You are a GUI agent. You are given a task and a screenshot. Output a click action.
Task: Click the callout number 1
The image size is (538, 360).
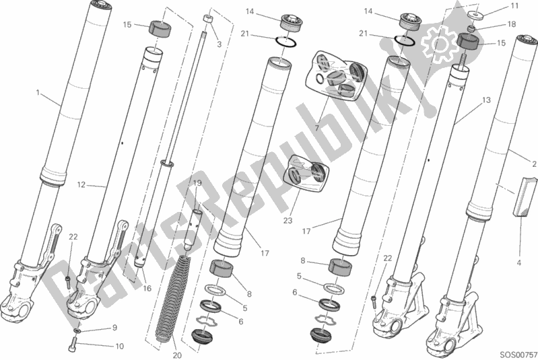[x=38, y=93]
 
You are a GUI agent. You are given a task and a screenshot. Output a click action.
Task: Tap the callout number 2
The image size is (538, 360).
[x=534, y=164]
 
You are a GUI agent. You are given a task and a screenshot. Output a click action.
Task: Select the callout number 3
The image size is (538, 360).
[x=220, y=44]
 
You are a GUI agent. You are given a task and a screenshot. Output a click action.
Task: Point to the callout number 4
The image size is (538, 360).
[x=518, y=263]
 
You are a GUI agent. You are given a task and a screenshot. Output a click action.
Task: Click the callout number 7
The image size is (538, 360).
[x=316, y=129]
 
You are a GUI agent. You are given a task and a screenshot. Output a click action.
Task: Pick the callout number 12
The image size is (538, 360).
[x=81, y=185]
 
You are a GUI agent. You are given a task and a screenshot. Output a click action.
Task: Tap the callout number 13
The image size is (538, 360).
[x=486, y=100]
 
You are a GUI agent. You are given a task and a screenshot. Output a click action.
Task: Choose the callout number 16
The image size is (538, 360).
[x=147, y=289]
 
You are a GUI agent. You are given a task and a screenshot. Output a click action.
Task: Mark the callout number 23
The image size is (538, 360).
[x=288, y=221]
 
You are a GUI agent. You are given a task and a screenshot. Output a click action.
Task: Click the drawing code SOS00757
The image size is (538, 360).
[x=518, y=354]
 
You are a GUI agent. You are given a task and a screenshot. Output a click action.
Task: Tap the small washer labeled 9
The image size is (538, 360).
[x=78, y=331]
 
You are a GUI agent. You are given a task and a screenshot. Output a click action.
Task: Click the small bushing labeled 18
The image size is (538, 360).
[x=472, y=28]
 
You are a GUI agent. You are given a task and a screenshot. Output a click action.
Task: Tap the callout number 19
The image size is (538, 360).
[x=197, y=184]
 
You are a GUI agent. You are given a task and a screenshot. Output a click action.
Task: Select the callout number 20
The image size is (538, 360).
[x=177, y=355]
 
